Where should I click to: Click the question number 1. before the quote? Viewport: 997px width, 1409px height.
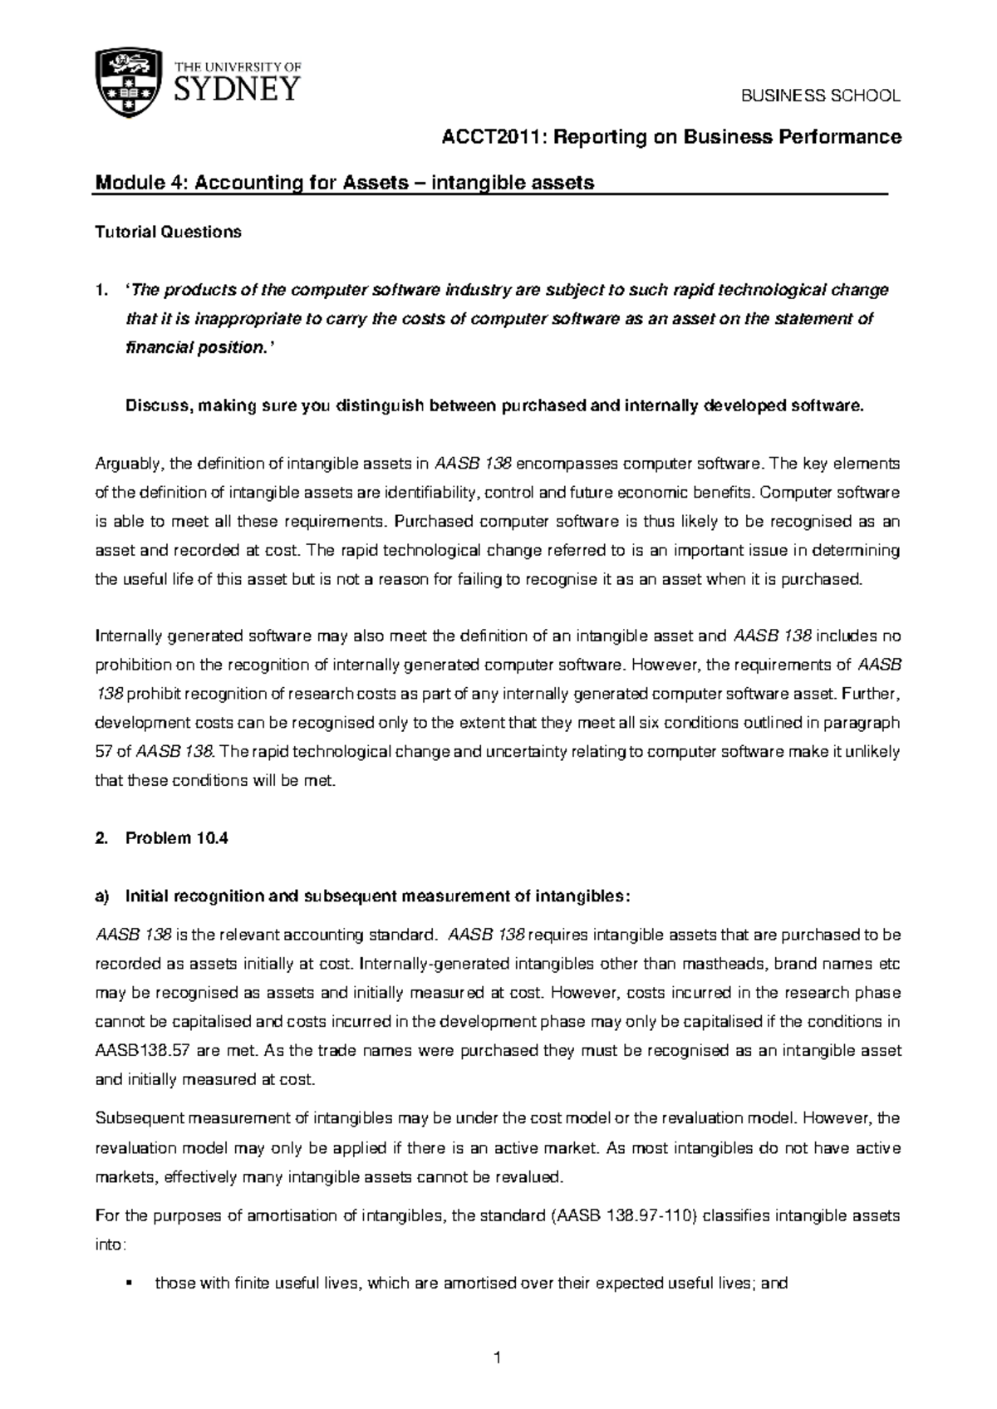pos(101,290)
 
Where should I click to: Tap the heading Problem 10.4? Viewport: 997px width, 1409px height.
pos(176,838)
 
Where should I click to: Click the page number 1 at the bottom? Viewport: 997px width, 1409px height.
pos(498,1359)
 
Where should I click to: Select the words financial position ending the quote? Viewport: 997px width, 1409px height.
pos(190,348)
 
